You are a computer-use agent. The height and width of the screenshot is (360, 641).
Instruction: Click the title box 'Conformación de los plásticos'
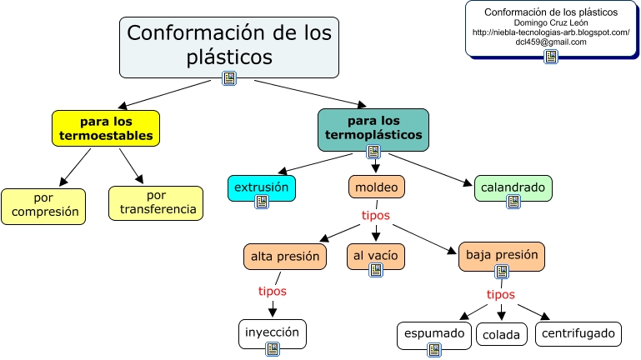pos(228,45)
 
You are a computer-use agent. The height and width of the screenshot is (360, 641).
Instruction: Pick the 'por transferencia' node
pos(156,202)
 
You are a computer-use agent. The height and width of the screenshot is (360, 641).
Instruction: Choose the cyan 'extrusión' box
pos(262,187)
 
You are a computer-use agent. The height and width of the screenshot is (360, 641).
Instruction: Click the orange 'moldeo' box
pos(376,187)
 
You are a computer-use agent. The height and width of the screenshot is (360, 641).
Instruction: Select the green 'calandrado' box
pos(513,187)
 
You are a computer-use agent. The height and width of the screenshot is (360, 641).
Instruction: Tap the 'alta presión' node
pos(284,256)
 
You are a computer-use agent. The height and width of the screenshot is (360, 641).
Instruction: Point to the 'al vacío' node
pos(375,256)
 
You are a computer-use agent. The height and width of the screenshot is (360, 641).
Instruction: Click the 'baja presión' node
pos(502,255)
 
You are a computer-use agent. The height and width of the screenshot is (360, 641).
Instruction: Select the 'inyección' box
pos(272,332)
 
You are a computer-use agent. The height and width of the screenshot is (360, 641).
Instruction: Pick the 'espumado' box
pos(433,334)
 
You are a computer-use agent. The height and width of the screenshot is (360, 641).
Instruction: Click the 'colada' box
pos(503,335)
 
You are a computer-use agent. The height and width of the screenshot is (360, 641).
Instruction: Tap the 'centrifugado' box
pos(578,334)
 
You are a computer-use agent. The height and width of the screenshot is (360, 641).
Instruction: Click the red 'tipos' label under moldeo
pos(376,215)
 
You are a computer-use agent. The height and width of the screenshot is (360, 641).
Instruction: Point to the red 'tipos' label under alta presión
pos(272,291)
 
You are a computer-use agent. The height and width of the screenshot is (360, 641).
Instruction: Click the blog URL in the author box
pos(550,32)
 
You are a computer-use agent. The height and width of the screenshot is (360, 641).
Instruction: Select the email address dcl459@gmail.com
pos(550,42)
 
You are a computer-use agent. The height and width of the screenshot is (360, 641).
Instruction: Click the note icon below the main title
pos(229,78)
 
